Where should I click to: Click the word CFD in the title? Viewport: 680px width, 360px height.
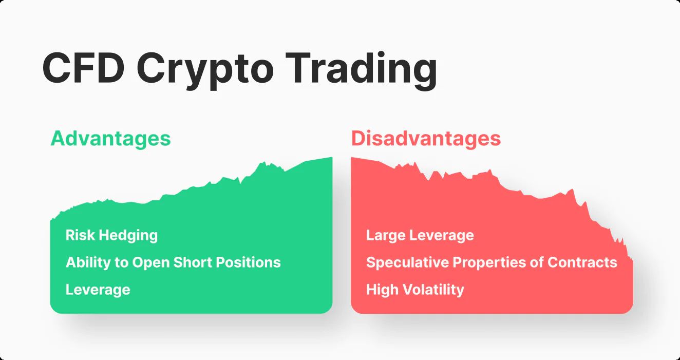coord(84,68)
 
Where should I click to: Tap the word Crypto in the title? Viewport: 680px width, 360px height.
coord(205,71)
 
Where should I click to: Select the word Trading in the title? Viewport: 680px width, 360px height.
coord(361,71)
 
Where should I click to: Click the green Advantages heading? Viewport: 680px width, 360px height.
coord(110,139)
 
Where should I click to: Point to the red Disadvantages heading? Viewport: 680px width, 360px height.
coord(426,139)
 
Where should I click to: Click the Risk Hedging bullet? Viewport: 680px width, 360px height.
coord(112,236)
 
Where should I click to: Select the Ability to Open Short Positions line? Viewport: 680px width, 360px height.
coord(173,262)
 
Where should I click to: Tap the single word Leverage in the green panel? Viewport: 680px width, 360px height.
coord(98,290)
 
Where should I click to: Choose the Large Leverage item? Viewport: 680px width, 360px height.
coord(420,236)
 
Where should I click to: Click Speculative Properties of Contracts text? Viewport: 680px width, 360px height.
coord(492,262)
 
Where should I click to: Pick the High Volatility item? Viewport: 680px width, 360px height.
coord(415,290)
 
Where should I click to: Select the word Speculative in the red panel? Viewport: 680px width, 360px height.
coord(407,263)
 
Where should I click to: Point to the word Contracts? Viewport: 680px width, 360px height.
coord(582,262)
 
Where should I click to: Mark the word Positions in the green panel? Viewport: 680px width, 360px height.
coord(248,262)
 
